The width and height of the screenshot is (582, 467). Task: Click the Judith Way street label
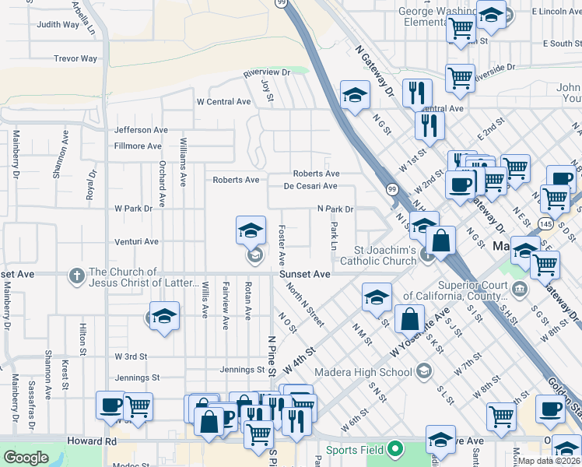[58, 25]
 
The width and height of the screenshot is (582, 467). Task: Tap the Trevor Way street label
[75, 58]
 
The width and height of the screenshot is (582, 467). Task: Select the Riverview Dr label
[266, 72]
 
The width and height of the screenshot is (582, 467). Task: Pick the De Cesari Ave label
[310, 186]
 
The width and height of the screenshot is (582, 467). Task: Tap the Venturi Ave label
[136, 242]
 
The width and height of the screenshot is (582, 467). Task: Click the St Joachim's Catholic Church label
[385, 255]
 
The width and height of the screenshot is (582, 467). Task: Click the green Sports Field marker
[395, 448]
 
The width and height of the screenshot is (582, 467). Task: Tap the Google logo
[26, 458]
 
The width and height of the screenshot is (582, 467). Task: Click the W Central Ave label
[223, 102]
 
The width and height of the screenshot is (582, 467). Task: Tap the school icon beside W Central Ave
[355, 96]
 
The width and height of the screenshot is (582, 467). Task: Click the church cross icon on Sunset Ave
[76, 275]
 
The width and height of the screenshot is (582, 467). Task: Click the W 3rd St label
[131, 356]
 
